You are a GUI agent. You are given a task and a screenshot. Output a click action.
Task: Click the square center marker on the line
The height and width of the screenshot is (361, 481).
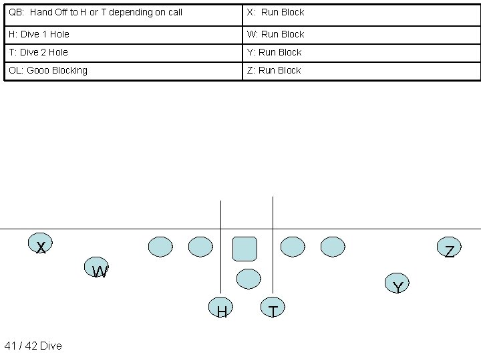245,248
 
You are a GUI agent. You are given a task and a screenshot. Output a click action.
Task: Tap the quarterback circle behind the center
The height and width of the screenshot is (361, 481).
249,279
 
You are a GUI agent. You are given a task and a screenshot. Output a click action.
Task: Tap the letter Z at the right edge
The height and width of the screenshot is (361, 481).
450,251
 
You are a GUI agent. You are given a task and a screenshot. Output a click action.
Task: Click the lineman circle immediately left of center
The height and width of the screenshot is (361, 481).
200,247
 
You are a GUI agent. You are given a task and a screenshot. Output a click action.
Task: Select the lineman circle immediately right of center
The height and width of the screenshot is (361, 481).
293,247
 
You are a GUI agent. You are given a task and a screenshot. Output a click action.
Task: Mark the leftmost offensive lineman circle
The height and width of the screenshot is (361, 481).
160,247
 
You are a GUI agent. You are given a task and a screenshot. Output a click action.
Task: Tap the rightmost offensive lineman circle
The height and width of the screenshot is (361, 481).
333,247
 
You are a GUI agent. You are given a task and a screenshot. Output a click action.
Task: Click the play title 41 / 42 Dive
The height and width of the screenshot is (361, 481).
33,346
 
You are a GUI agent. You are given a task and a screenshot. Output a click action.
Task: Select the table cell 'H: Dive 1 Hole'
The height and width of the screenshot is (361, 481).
123,34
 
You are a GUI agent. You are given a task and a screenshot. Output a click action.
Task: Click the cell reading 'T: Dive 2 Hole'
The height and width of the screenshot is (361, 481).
123,52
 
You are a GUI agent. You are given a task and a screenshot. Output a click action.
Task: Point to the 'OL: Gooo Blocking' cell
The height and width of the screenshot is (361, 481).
123,70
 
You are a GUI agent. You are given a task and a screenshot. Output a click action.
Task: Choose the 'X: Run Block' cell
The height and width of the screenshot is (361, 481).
361,13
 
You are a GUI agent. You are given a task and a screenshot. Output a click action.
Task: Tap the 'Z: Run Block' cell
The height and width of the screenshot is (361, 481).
361,70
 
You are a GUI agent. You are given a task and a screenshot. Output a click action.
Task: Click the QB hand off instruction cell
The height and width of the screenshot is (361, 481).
123,13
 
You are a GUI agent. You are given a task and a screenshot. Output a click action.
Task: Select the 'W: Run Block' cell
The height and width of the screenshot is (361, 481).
361,34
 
